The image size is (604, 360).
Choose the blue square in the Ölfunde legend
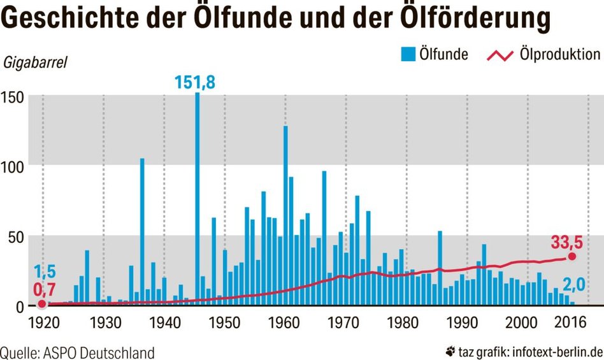(x=408, y=55)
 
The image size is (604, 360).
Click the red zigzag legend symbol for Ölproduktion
(x=500, y=55)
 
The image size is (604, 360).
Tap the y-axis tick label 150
(x=12, y=97)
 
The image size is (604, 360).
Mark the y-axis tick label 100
(x=12, y=167)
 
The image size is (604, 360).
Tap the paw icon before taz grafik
(x=451, y=350)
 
